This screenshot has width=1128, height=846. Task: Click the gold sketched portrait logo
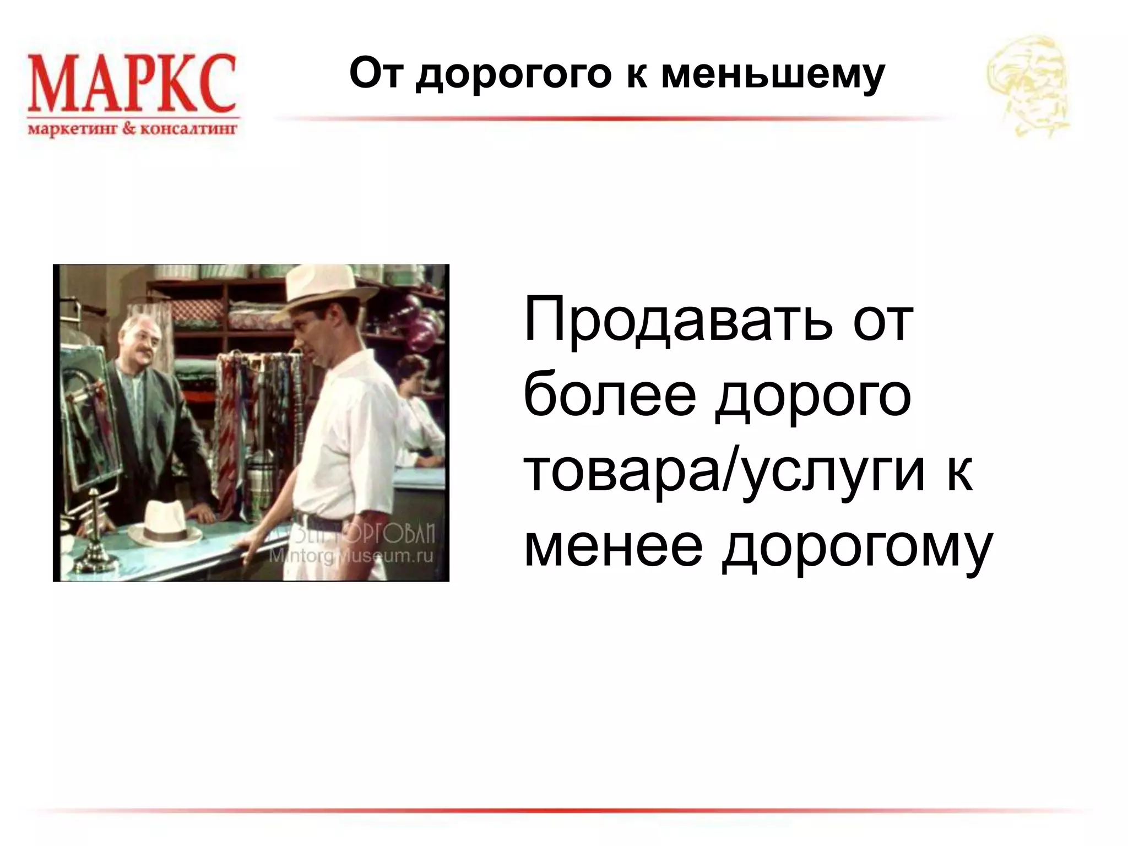pos(1028,85)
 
